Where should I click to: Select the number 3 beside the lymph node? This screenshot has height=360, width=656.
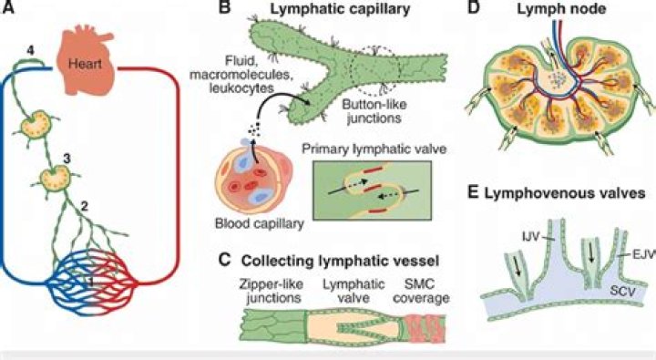click(x=67, y=159)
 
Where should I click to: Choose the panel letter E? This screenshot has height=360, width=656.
click(x=472, y=193)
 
